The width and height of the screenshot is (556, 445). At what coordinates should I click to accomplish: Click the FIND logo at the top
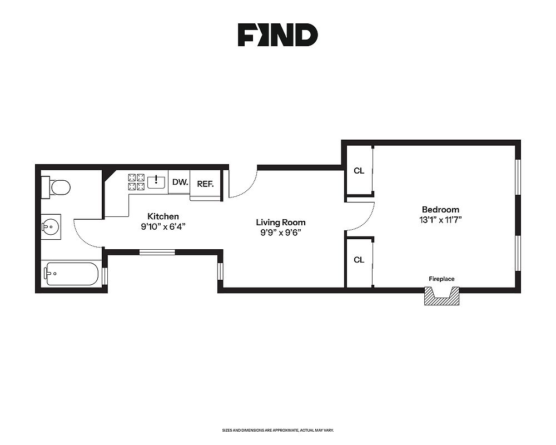(x=277, y=34)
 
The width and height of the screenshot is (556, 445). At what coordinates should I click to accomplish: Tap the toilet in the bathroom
(x=57, y=187)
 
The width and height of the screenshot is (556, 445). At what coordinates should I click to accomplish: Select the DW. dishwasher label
(x=180, y=182)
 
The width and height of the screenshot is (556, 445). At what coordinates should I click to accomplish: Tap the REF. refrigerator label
(x=205, y=184)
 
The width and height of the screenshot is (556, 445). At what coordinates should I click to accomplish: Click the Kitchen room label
(x=163, y=216)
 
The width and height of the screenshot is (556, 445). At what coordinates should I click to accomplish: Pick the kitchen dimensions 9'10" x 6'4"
(x=163, y=226)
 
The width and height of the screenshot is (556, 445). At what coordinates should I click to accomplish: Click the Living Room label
(x=281, y=222)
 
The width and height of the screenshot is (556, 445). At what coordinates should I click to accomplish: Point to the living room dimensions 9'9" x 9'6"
(x=281, y=233)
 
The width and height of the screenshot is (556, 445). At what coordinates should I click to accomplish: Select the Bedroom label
(x=440, y=210)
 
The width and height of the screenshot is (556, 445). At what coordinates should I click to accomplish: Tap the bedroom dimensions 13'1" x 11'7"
(x=440, y=220)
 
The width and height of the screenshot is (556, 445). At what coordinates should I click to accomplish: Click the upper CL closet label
(x=359, y=171)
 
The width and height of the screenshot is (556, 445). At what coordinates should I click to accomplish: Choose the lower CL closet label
(x=359, y=260)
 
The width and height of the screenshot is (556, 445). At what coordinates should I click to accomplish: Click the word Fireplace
(x=442, y=279)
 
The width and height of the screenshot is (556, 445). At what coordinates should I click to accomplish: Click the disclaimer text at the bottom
(x=277, y=431)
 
